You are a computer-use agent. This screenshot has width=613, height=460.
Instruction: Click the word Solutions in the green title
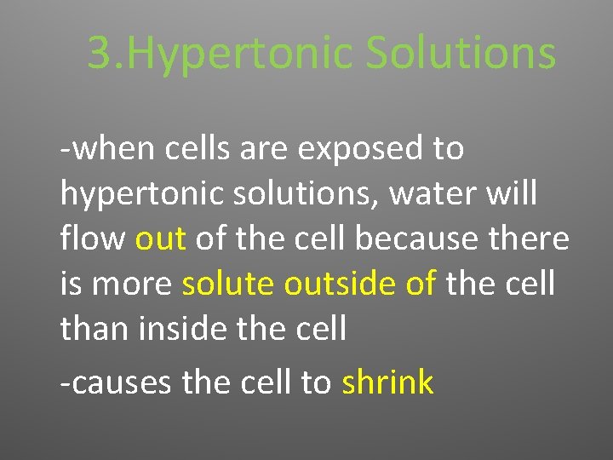click(x=461, y=53)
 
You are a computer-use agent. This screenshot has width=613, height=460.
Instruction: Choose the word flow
click(x=93, y=239)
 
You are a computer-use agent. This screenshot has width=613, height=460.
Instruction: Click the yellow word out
click(x=160, y=239)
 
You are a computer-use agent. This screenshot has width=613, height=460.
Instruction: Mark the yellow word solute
click(x=229, y=284)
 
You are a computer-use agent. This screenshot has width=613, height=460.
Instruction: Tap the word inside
click(x=179, y=328)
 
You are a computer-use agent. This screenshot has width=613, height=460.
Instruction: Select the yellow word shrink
click(x=387, y=383)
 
